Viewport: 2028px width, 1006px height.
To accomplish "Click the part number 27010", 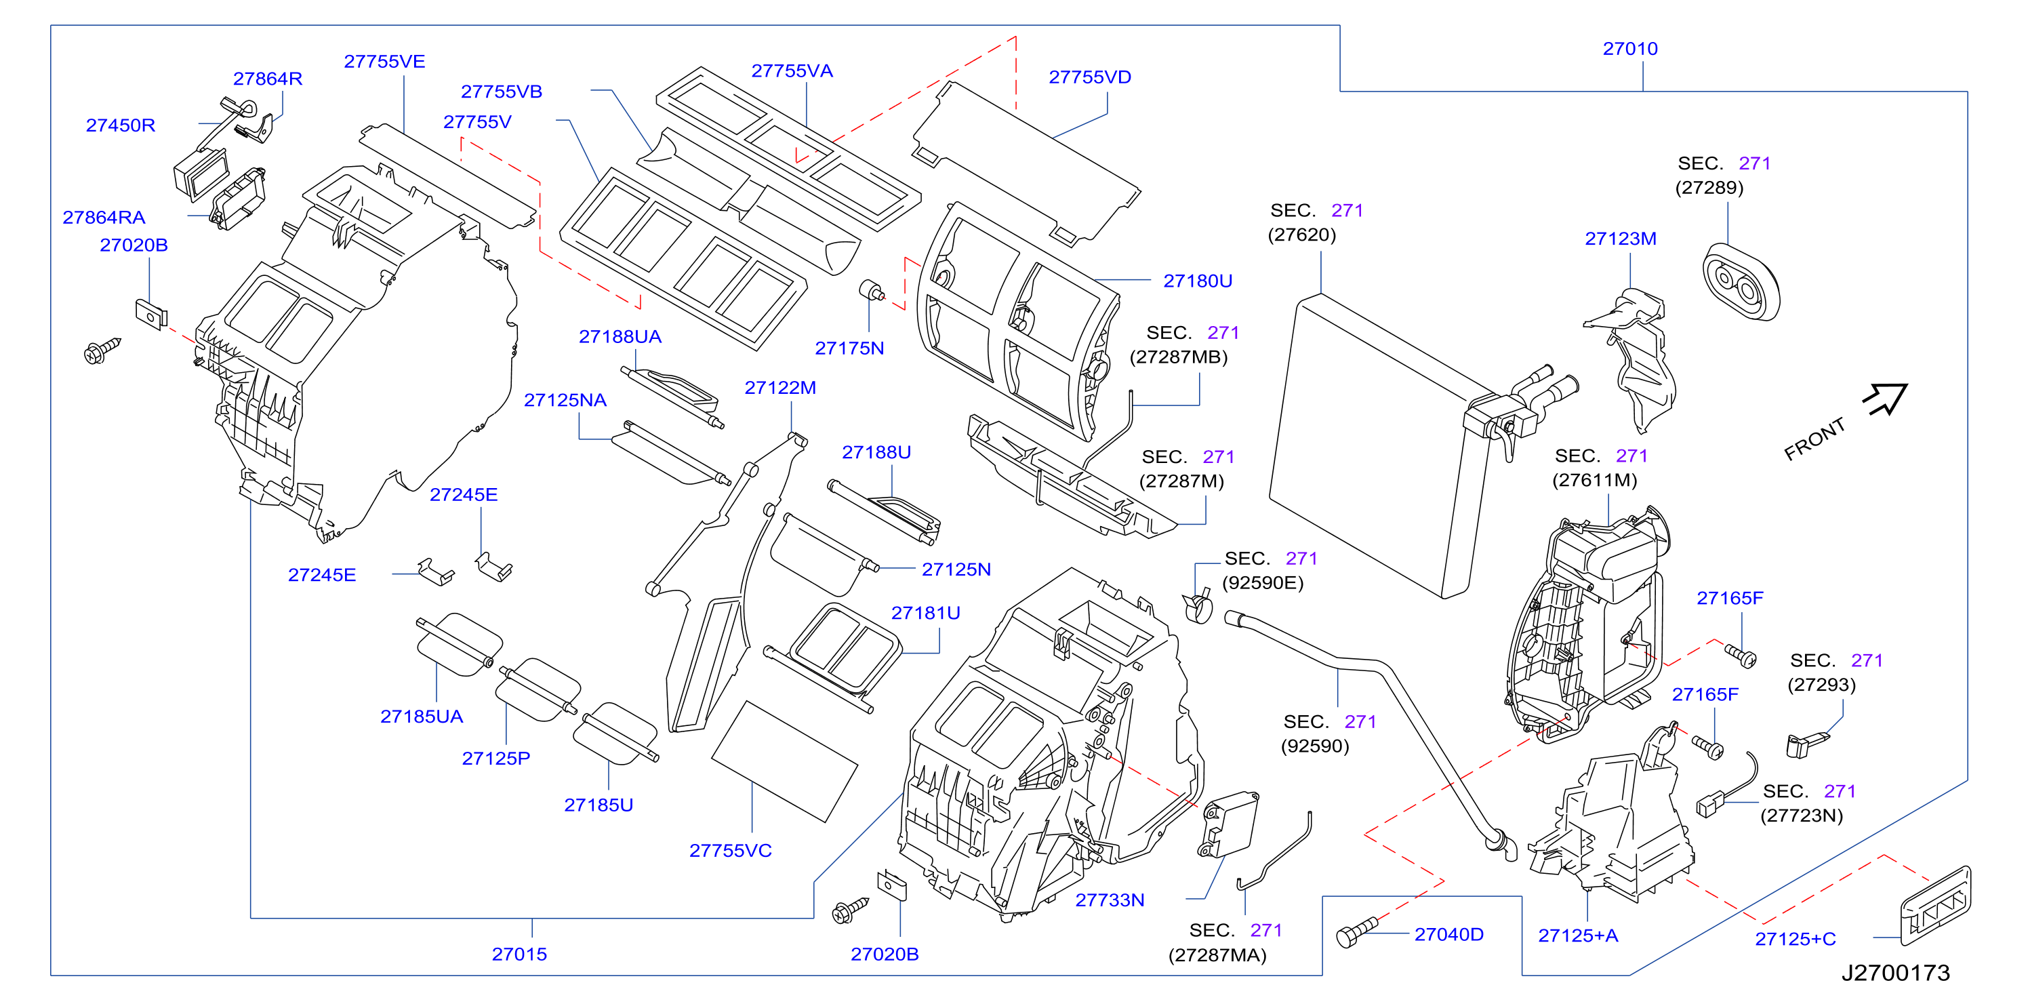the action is [x=1629, y=49].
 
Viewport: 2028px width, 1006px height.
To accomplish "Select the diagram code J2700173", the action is [x=1895, y=973].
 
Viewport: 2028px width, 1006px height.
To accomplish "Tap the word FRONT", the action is [x=1814, y=439].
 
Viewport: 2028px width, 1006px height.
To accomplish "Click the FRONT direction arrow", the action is [x=1886, y=399].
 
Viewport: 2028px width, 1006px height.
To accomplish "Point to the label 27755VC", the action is [x=730, y=851].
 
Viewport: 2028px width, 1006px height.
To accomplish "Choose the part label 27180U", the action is [x=1198, y=281].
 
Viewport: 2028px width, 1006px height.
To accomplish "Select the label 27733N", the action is [x=1110, y=900].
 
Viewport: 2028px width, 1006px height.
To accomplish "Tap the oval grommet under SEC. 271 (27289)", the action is [x=1741, y=283].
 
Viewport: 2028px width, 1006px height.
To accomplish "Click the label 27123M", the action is [x=1620, y=239].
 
